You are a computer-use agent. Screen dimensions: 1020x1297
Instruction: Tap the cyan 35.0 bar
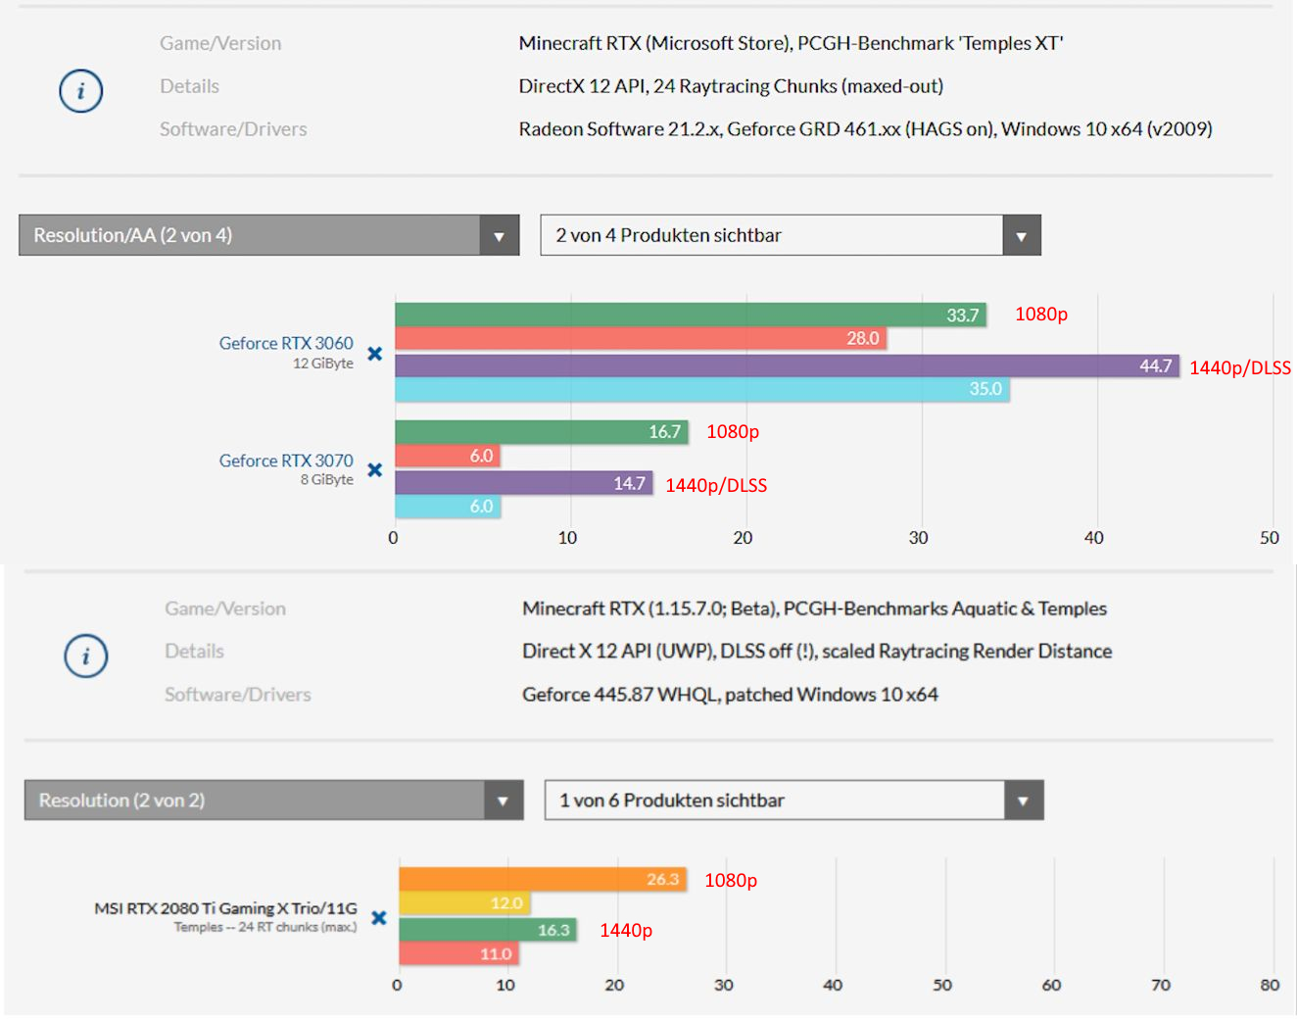701,389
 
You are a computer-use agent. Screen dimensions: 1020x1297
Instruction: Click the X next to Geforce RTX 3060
374,354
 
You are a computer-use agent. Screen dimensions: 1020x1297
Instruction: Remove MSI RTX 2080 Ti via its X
379,918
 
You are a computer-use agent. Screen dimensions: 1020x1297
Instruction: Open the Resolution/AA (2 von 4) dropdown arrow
499,236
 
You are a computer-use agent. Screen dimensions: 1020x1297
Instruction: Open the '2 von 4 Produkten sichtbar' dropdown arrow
1021,236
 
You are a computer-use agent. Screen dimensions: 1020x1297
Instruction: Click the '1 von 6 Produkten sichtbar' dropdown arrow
1023,801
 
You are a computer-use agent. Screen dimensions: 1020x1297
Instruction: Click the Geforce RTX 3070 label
286,461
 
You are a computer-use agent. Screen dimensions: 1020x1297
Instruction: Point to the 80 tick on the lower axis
1270,985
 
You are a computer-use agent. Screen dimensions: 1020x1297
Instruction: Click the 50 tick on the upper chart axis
1270,538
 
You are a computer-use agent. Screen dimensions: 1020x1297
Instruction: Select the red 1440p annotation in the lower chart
626,930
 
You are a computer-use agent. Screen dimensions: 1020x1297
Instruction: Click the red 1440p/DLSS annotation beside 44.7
1239,367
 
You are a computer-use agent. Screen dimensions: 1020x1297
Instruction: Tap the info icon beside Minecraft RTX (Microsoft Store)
80,91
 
